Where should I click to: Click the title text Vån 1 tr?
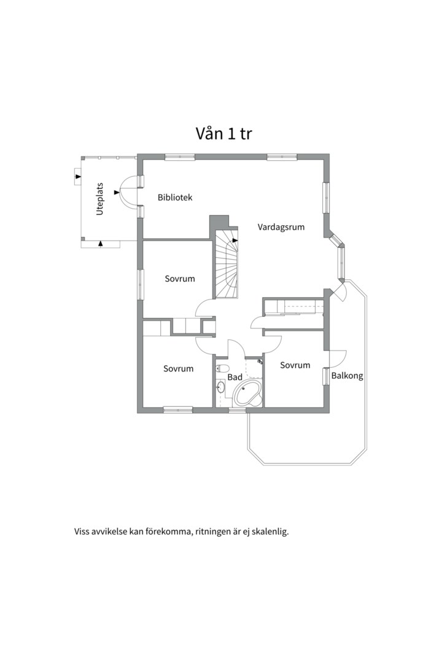point(224,133)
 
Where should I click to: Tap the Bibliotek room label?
point(175,198)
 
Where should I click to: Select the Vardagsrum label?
point(281,227)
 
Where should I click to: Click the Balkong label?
point(347,376)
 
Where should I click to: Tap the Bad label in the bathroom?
point(235,378)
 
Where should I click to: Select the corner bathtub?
point(249,393)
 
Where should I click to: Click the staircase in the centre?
point(226,264)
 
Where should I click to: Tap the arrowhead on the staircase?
point(235,241)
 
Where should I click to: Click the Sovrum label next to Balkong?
point(295,365)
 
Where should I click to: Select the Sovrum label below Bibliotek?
point(180,279)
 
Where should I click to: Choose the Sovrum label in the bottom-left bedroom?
point(178,369)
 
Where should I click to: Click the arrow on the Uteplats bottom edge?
point(101,244)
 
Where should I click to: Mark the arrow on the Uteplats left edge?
point(77,177)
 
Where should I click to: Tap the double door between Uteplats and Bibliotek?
point(130,192)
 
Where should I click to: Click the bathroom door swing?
point(236,348)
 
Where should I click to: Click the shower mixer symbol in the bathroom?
point(260,363)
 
